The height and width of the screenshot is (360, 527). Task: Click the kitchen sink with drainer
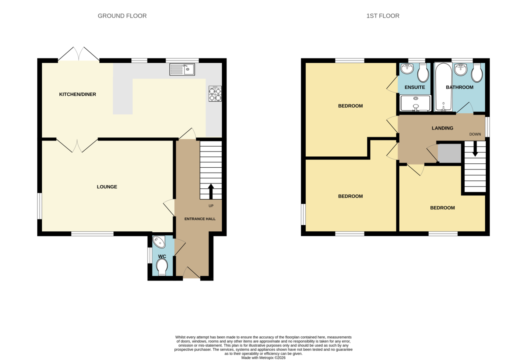click(182, 69)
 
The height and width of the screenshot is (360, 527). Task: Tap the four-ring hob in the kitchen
click(215, 94)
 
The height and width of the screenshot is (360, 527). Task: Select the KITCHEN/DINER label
click(77, 94)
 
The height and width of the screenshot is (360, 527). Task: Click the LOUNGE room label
click(107, 187)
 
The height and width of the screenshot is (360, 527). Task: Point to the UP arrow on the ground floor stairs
click(211, 191)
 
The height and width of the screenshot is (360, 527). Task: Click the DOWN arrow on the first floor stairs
click(475, 149)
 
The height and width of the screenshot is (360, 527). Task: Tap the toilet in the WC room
click(162, 267)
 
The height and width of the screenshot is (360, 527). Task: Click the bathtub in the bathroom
click(443, 87)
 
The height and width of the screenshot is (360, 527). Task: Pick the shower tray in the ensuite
click(415, 103)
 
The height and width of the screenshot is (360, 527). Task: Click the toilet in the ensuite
click(423, 72)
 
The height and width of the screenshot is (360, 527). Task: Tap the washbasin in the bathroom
click(460, 68)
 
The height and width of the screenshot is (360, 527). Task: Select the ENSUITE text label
click(415, 87)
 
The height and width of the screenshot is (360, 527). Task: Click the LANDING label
click(442, 128)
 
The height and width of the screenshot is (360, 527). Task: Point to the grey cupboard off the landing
click(449, 153)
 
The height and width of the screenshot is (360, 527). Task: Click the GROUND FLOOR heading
click(122, 16)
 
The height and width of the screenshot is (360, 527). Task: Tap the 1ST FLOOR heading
click(383, 16)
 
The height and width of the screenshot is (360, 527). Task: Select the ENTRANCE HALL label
click(200, 219)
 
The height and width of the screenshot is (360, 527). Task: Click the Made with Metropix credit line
click(263, 358)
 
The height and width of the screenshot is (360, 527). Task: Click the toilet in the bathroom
click(477, 72)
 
